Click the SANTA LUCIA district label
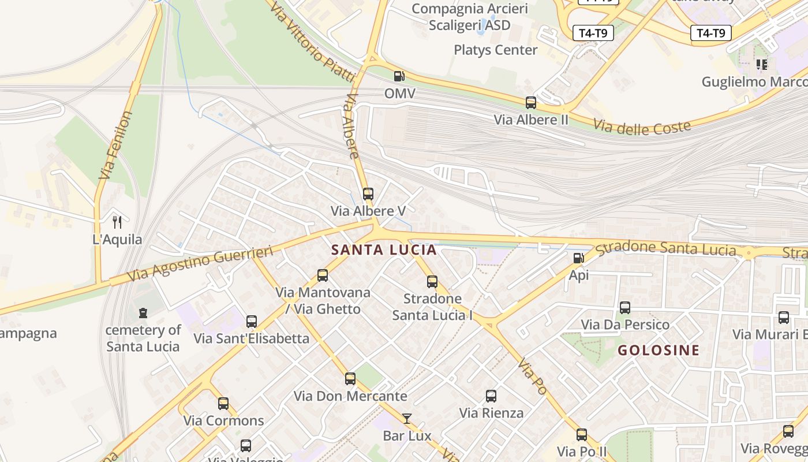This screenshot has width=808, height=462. point(384,250)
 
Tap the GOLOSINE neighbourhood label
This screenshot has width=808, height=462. point(659,350)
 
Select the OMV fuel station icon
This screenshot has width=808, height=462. point(399,76)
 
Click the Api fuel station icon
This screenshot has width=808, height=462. point(578,258)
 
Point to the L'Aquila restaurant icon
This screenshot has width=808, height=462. point(117,222)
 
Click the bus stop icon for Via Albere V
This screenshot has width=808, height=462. point(368,194)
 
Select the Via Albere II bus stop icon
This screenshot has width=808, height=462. point(531,103)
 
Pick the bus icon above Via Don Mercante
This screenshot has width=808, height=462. point(350,379)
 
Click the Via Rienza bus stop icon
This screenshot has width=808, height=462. point(491,396)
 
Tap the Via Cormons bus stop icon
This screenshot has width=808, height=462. point(223,404)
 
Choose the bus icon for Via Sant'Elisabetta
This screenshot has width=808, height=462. point(252,322)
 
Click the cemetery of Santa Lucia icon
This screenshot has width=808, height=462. point(143,313)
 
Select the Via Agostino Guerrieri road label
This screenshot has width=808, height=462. point(200,263)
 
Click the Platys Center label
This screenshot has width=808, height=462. point(495,50)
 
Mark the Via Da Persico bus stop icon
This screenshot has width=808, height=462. point(625,308)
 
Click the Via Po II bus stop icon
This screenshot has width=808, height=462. point(582,435)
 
